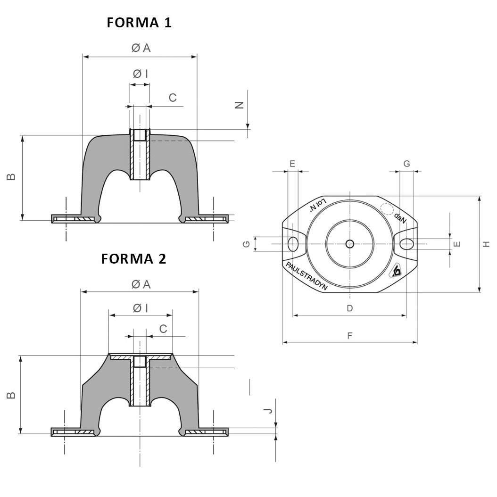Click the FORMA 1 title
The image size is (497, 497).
pos(139,23)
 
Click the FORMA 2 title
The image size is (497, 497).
pos(133,259)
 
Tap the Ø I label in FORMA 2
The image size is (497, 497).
pos(141,308)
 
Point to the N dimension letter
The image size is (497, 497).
pos(240,105)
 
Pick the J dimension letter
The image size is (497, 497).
pos(267,410)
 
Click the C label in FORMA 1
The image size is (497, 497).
pos(173,98)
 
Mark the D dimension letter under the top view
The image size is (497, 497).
pos(349,308)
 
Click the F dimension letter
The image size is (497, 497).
pos(349,336)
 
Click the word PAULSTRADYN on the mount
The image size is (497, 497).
pos(307,278)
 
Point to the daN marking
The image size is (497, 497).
pos(400,218)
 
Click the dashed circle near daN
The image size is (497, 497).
pos(387,209)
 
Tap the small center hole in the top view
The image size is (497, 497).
pos(349,244)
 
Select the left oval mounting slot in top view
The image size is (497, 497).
pos(293,244)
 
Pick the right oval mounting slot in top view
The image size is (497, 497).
pos(406,243)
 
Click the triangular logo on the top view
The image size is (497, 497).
pos(395,271)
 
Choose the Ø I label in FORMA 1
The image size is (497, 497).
pos(140,74)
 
